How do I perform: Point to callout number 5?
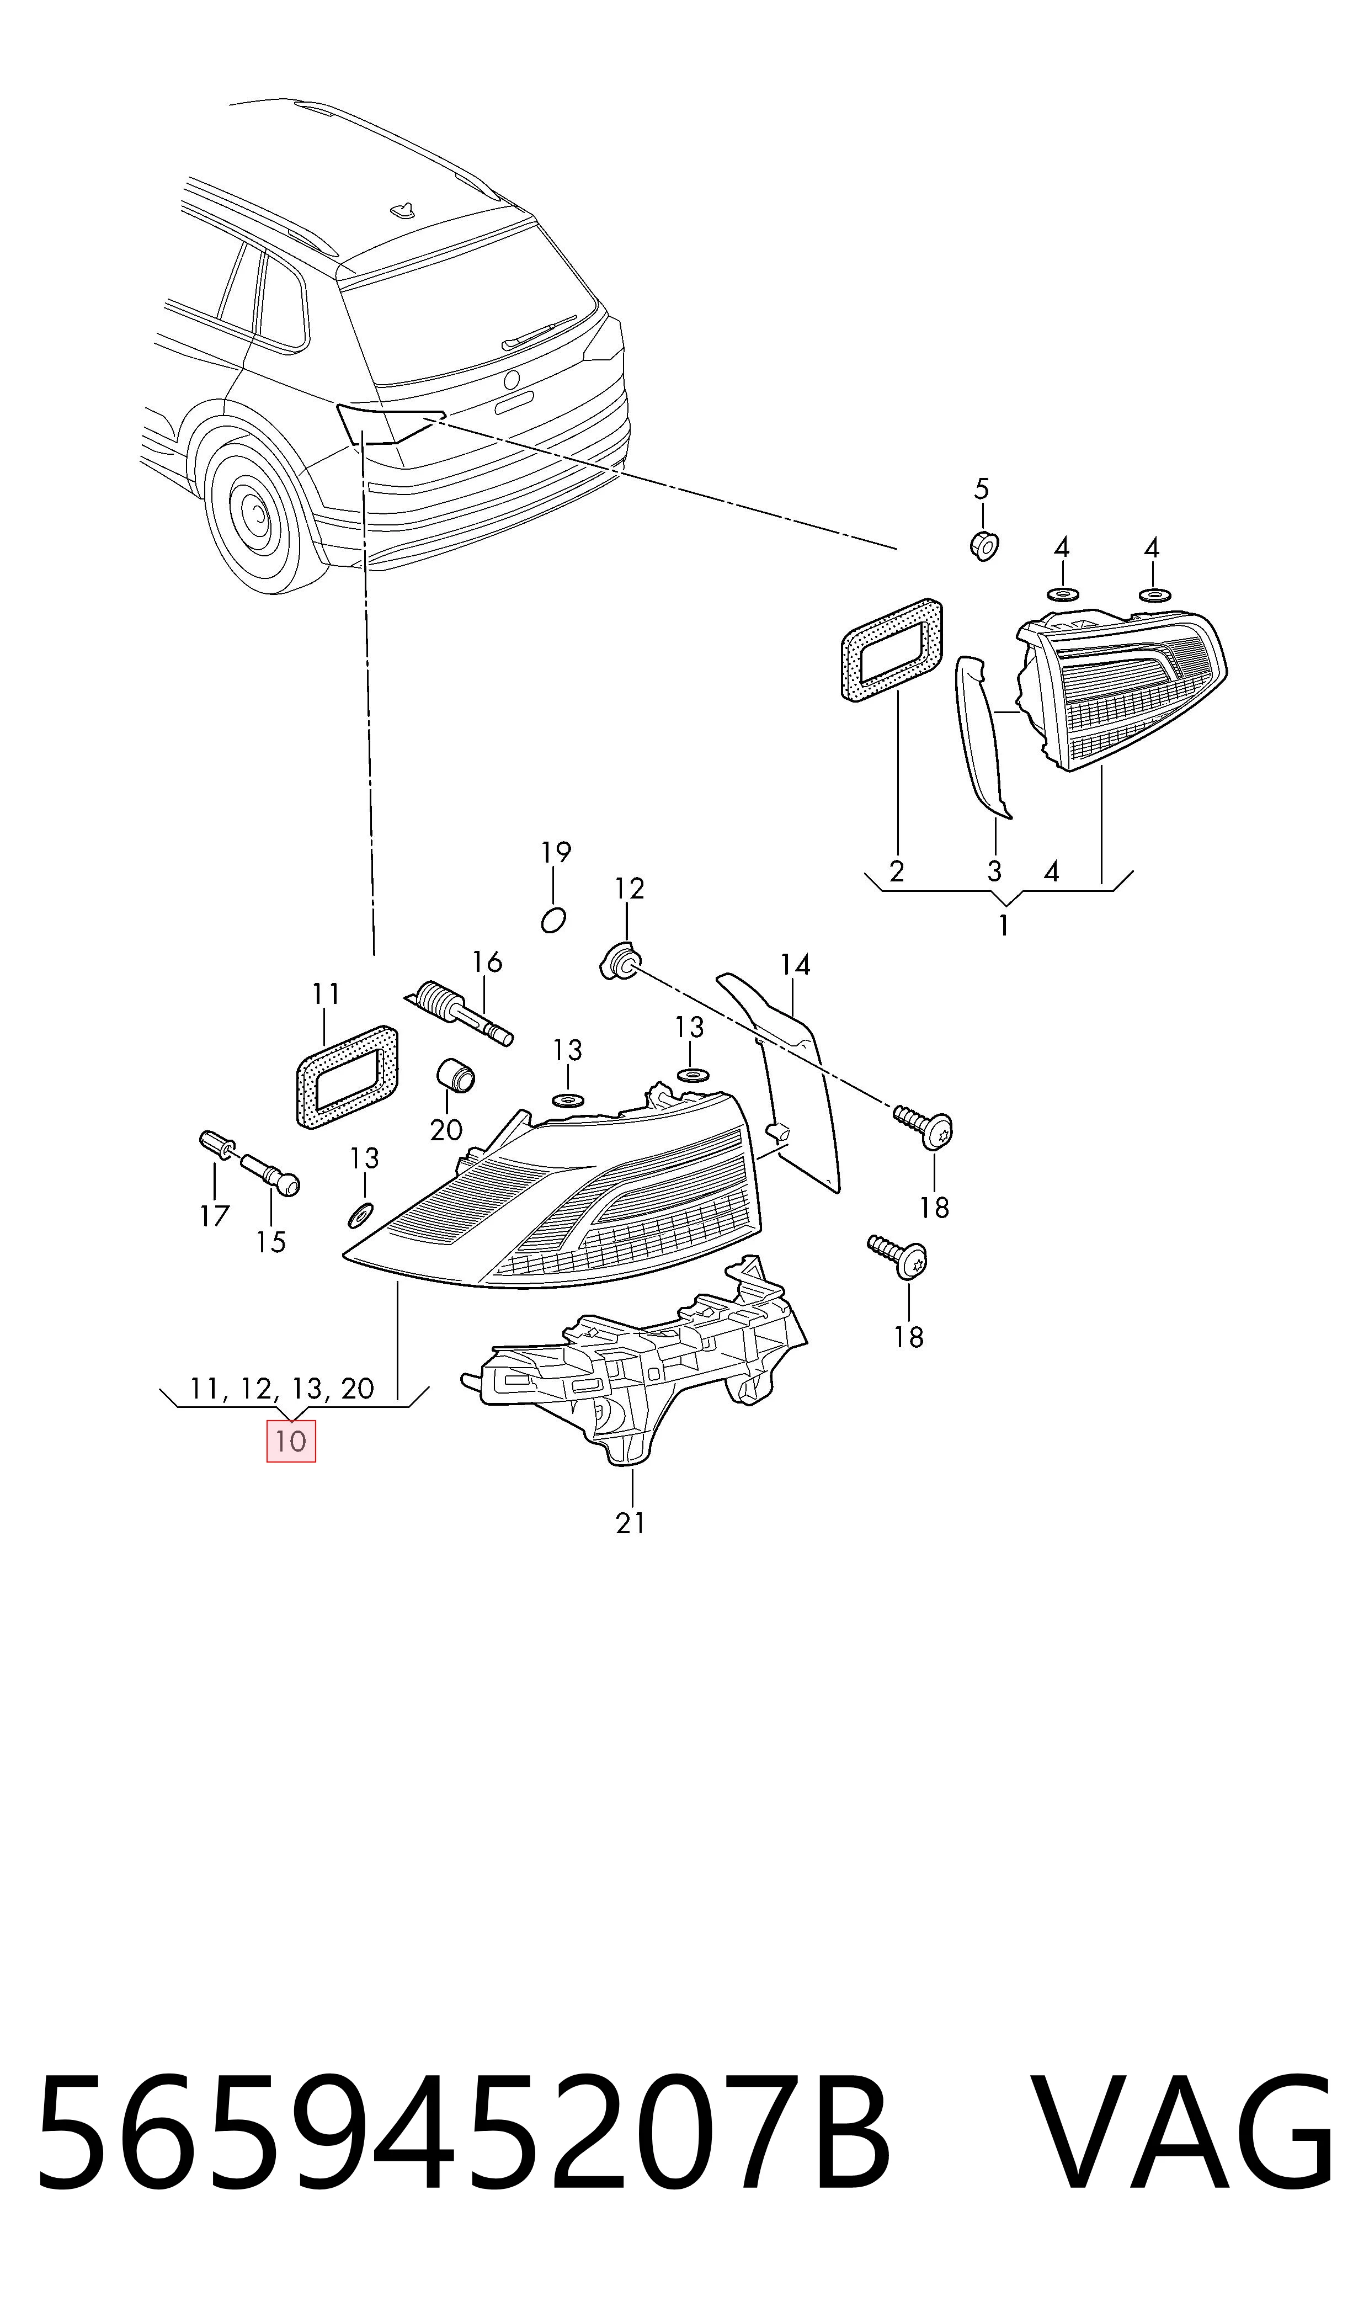click(982, 488)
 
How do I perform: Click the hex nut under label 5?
click(984, 545)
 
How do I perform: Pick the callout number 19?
click(555, 852)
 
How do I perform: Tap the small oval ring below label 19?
click(553, 920)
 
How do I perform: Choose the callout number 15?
click(270, 1242)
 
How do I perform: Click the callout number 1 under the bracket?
click(1003, 924)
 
